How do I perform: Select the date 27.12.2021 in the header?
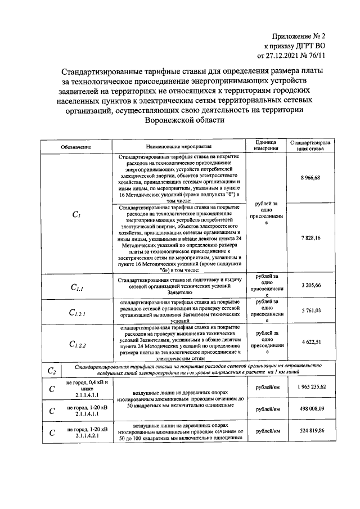[x=285, y=56]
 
